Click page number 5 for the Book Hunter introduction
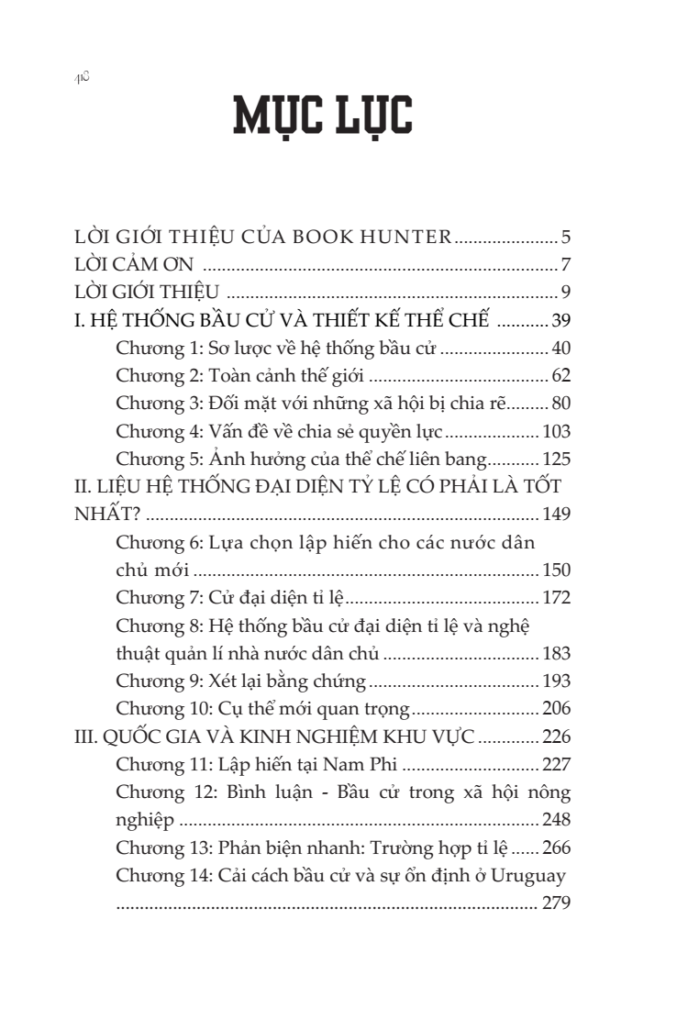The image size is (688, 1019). tap(567, 239)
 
